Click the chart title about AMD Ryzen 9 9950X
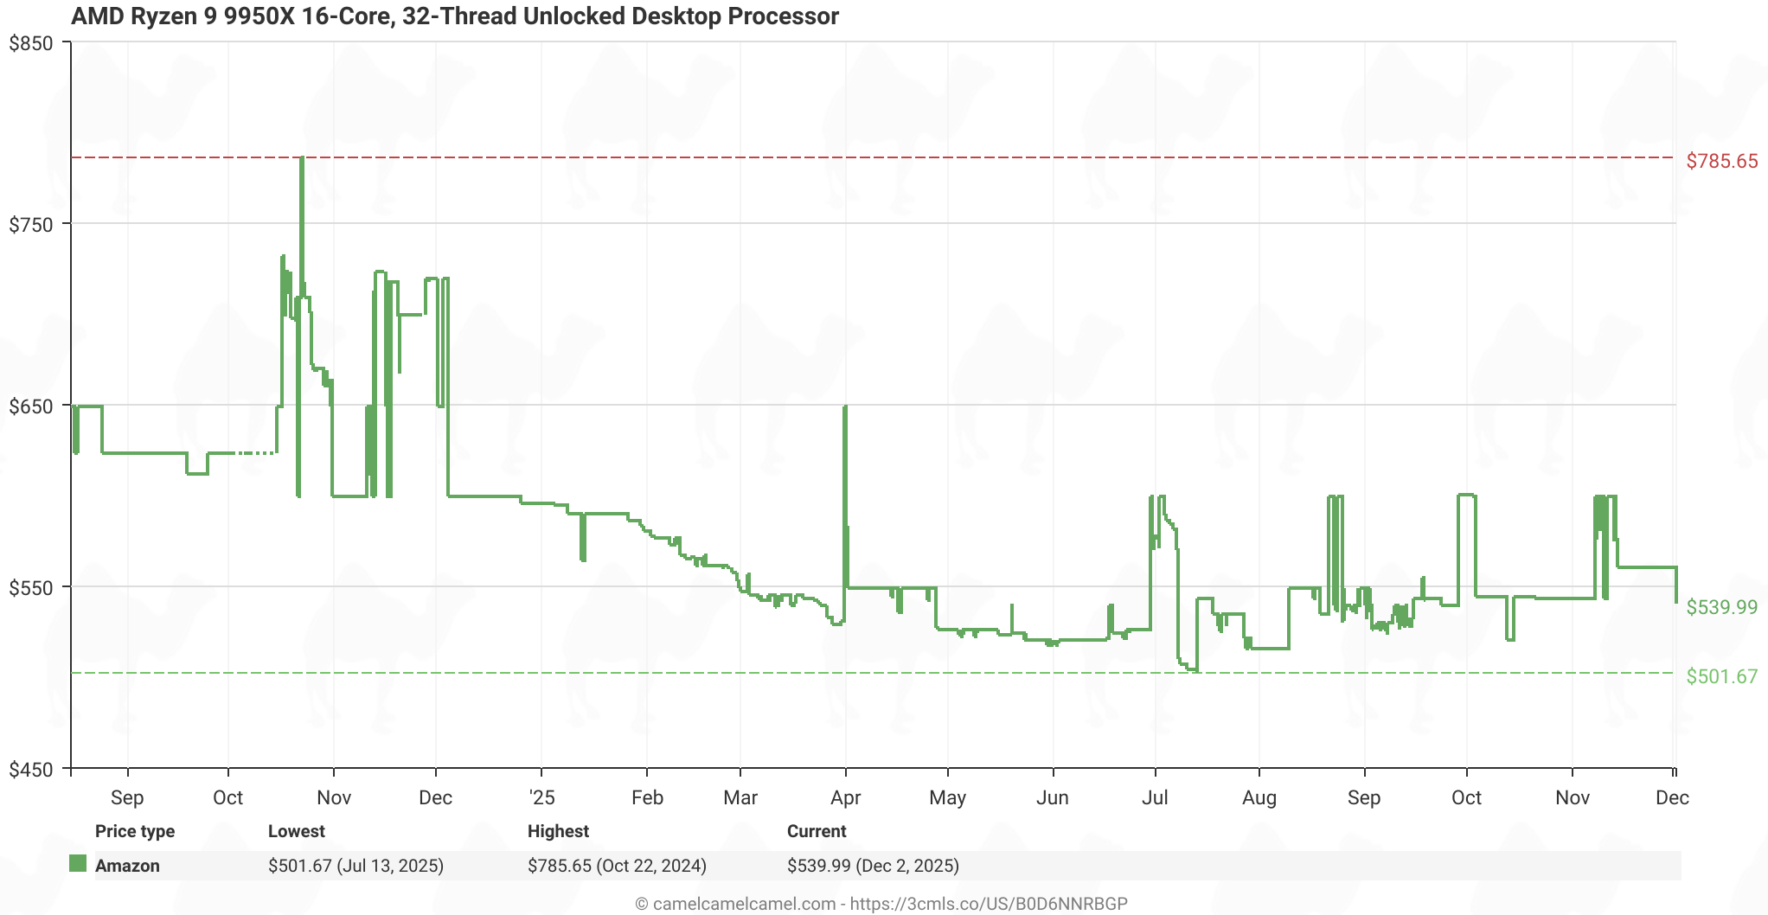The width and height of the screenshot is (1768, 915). pyautogui.click(x=455, y=16)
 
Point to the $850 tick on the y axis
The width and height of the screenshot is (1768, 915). pyautogui.click(x=30, y=43)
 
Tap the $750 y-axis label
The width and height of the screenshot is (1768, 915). pyautogui.click(x=30, y=225)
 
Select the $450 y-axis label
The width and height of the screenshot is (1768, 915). pyautogui.click(x=30, y=769)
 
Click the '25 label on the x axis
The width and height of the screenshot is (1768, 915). pyautogui.click(x=541, y=797)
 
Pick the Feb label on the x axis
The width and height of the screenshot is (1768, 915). pyautogui.click(x=647, y=797)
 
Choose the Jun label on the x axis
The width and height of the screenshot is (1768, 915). pyautogui.click(x=1052, y=797)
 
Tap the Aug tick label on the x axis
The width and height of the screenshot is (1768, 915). pyautogui.click(x=1259, y=797)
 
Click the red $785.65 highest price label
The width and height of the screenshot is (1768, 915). pyautogui.click(x=1721, y=161)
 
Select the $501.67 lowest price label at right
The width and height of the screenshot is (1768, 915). pyautogui.click(x=1721, y=676)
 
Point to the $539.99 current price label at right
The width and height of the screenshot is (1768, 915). pyautogui.click(x=1721, y=607)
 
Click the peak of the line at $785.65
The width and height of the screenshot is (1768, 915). pyautogui.click(x=302, y=158)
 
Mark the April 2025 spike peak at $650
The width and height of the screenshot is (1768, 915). pyautogui.click(x=845, y=406)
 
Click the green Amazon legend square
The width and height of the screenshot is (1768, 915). pyautogui.click(x=78, y=864)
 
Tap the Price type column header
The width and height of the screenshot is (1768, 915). pyautogui.click(x=135, y=831)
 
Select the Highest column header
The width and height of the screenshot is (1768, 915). pyautogui.click(x=558, y=831)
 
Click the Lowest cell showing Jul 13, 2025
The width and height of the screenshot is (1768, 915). pyautogui.click(x=356, y=866)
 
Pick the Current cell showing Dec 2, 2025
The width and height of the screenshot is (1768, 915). pyautogui.click(x=873, y=866)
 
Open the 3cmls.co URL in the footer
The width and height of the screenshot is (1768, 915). pyautogui.click(x=989, y=904)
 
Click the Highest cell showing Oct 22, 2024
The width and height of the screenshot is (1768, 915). pyautogui.click(x=617, y=866)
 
